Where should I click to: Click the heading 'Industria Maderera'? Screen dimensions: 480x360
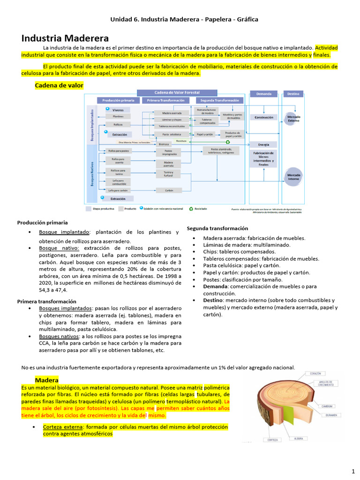[65, 38]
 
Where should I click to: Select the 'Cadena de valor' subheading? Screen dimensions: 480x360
[59, 85]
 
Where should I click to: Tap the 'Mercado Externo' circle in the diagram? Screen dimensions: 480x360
[294, 118]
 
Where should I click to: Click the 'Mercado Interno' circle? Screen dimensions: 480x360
[294, 176]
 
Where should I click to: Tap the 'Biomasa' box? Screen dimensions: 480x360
[164, 144]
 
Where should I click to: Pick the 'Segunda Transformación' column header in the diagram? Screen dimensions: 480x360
[219, 100]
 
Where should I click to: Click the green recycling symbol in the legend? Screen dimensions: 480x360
[191, 209]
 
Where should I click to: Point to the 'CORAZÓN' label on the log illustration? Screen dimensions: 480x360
[315, 374]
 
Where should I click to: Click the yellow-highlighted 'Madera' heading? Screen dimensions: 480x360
[46, 380]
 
